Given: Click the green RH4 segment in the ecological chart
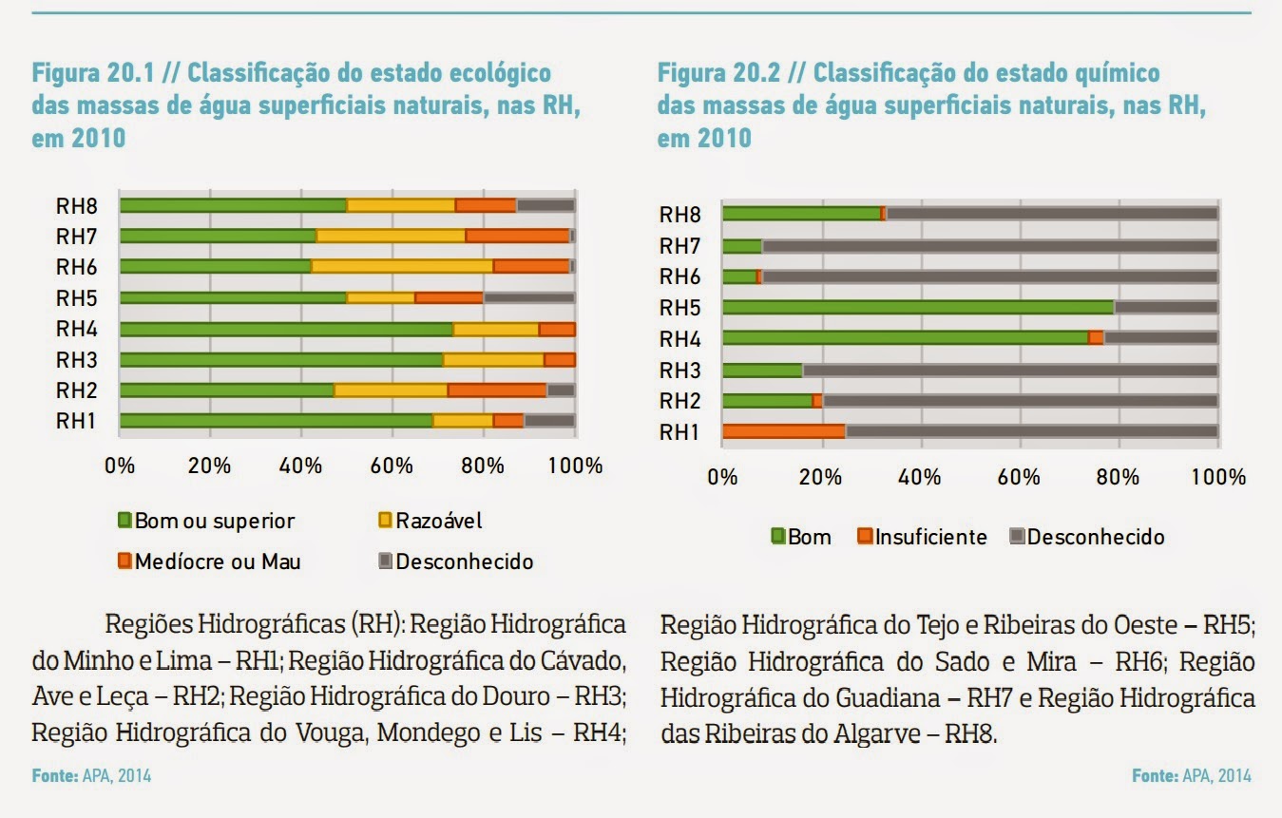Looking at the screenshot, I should [x=285, y=330].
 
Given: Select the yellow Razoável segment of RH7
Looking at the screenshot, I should [x=391, y=236].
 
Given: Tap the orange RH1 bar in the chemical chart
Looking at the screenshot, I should [x=783, y=431].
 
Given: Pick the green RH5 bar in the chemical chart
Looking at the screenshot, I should [x=917, y=307].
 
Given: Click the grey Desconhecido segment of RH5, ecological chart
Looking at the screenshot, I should [x=528, y=297].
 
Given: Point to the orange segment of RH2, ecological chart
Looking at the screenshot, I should [x=496, y=390].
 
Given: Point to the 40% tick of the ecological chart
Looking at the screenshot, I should [x=301, y=466].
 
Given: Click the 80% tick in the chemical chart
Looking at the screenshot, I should [x=1118, y=477].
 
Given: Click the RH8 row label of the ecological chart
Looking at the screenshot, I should [x=77, y=205].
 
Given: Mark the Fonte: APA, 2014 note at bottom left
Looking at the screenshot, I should [x=91, y=776].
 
